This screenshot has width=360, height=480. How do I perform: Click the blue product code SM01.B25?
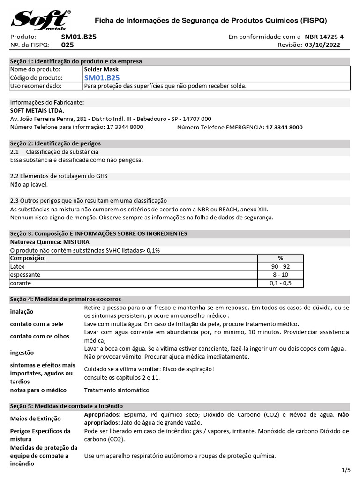tap(102, 78)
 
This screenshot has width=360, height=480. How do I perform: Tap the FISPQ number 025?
tap(67, 45)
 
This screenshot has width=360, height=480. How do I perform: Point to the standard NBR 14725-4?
tap(324, 37)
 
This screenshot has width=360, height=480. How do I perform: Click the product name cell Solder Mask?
tap(101, 69)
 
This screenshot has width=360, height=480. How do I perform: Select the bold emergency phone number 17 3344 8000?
tap(284, 127)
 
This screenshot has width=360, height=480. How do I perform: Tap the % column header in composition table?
tap(280, 258)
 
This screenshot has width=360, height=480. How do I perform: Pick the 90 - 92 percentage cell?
tap(280, 266)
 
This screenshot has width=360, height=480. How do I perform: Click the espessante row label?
tap(25, 275)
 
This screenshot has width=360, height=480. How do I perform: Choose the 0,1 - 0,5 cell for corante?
tap(280, 283)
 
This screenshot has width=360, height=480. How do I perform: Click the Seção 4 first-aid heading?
tap(66, 299)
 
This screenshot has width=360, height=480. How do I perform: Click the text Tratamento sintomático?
tap(117, 390)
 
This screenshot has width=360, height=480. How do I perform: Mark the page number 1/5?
tap(346, 470)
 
